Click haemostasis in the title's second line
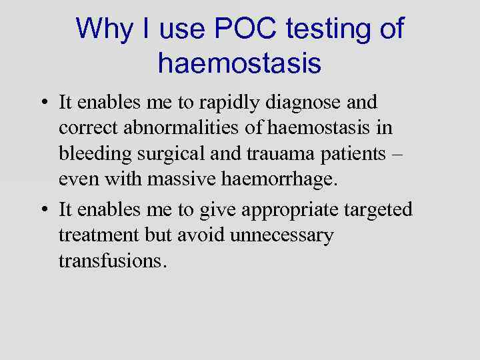coord(240,64)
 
